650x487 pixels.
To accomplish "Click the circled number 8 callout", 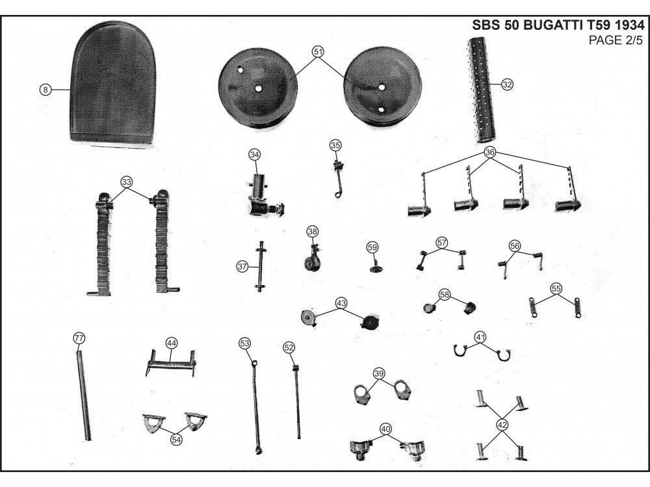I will point(44,90).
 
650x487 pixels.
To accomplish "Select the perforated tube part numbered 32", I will point(484,91).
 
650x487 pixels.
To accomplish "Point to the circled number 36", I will point(490,153).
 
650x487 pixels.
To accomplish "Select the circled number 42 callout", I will point(502,425).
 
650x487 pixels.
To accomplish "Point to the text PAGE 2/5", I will point(615,42).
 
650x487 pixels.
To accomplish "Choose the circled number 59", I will point(372,247).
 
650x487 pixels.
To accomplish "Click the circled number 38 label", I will point(313,232).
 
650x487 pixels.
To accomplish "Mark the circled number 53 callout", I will point(244,342).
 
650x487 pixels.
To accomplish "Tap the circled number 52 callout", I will point(289,347).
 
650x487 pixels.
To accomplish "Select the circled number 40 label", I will point(385,429).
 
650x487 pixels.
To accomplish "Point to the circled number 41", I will point(480,337).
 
